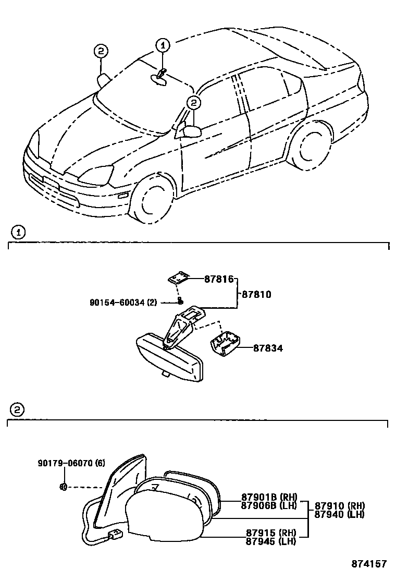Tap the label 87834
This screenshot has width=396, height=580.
coord(268,348)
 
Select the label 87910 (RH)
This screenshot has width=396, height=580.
coord(339,506)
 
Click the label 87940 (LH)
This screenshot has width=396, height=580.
coord(339,514)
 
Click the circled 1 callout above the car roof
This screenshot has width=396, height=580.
coord(162,45)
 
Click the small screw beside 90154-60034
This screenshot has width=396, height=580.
coord(180,301)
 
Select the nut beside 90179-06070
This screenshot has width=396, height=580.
coord(63,488)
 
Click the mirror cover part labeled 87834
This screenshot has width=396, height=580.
coord(225,345)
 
